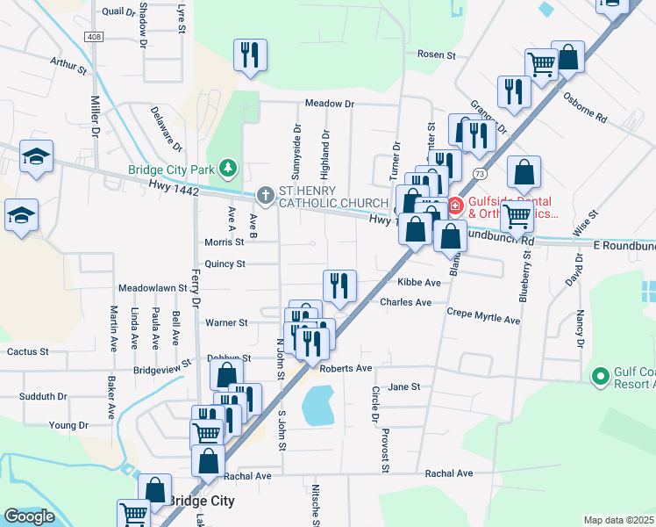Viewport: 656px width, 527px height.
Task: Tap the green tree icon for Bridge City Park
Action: (228, 167)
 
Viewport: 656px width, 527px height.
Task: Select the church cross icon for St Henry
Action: (266, 195)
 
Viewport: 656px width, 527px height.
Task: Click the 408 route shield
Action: (95, 37)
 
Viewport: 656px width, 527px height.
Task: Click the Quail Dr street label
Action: (119, 11)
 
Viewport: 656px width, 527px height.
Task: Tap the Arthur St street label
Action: (68, 65)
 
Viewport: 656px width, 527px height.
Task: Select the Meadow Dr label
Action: (329, 104)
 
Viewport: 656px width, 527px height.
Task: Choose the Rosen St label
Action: (437, 54)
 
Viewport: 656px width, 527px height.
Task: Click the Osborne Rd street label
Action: (585, 106)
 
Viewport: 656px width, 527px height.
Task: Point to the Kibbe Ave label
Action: (418, 283)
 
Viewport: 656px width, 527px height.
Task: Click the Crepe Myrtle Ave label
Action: (483, 316)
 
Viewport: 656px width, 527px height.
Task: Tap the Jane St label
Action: (404, 386)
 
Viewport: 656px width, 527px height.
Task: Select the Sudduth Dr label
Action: (44, 397)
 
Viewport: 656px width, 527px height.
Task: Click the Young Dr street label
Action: (69, 425)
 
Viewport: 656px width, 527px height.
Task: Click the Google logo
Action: (29, 517)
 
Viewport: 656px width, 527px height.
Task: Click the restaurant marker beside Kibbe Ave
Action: (339, 285)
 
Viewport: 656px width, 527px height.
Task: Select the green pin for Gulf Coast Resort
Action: (601, 378)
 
